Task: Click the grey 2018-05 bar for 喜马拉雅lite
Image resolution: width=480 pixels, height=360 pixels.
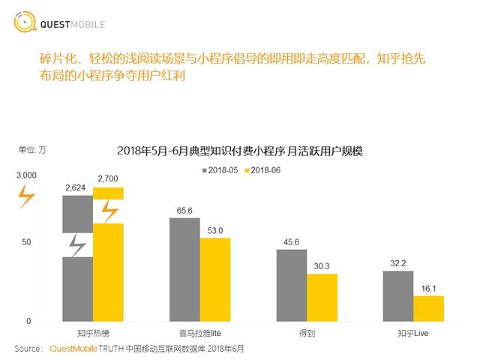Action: [x=184, y=269]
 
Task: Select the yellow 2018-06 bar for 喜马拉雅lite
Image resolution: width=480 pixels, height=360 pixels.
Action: [x=215, y=279]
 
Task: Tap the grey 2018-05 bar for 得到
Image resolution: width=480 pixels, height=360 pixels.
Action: [x=292, y=285]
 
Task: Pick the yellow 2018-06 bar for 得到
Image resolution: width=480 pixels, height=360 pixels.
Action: [x=322, y=297]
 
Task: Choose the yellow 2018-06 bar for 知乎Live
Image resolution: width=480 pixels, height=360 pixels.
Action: [x=429, y=308]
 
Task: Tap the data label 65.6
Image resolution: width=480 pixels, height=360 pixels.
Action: [x=184, y=211]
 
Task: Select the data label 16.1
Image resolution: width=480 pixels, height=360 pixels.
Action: [x=429, y=289]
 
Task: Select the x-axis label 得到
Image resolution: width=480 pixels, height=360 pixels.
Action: [x=307, y=332]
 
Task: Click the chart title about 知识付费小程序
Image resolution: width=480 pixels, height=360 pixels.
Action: [x=240, y=151]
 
